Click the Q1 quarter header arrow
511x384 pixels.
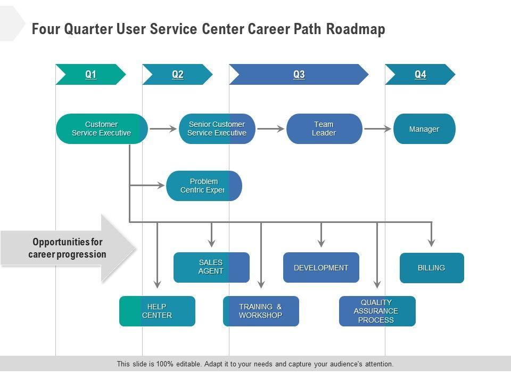click(90, 75)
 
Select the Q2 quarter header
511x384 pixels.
click(177, 75)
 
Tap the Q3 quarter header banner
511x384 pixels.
click(299, 75)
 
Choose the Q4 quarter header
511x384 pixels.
click(420, 75)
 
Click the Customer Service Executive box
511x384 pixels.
click(102, 129)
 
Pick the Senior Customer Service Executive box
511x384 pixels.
click(217, 129)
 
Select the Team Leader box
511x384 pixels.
click(324, 129)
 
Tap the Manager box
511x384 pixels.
click(424, 129)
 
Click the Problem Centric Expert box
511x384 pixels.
click(204, 186)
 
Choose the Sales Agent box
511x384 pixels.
click(211, 267)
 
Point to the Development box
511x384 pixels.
click(321, 268)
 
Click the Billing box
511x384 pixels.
click(432, 268)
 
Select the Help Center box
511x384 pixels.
click(157, 311)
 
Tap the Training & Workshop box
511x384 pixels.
click(261, 311)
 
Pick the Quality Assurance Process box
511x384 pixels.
click(377, 311)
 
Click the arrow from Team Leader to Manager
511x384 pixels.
click(377, 129)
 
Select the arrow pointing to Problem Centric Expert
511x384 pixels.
click(148, 186)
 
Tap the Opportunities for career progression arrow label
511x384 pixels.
click(67, 248)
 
